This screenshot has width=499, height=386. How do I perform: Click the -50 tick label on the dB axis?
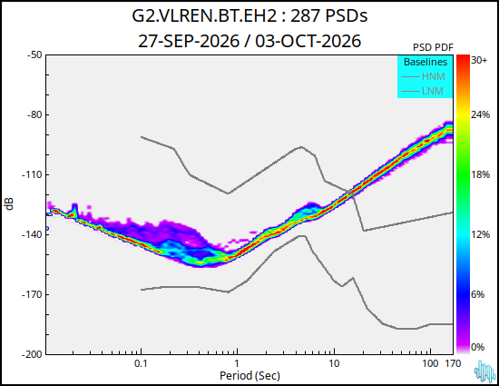pos(34,54)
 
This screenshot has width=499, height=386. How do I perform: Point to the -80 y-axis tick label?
pos(34,114)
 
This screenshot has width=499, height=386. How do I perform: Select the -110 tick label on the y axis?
pos(32,174)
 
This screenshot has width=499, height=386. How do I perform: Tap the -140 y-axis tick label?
pos(32,234)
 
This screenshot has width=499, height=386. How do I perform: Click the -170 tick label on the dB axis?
pos(32,294)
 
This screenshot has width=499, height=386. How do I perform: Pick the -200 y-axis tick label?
pos(32,354)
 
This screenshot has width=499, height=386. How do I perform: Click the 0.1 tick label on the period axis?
pos(141,363)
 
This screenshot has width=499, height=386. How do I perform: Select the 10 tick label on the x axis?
pos(334,363)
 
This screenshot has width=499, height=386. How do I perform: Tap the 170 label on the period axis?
pos(453,363)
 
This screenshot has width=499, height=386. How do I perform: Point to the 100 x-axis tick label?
pos(430,363)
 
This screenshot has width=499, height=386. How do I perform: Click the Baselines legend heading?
pos(426,62)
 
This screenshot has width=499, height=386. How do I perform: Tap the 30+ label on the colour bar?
pos(479,60)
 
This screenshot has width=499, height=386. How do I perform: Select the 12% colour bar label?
pos(480,234)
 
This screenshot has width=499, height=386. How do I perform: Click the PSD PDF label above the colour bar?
pos(433,47)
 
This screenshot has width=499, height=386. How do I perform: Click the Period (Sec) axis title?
pos(249,376)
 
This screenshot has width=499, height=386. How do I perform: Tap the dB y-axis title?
pos(9,203)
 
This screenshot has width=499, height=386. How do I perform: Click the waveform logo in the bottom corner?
pos(484,371)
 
